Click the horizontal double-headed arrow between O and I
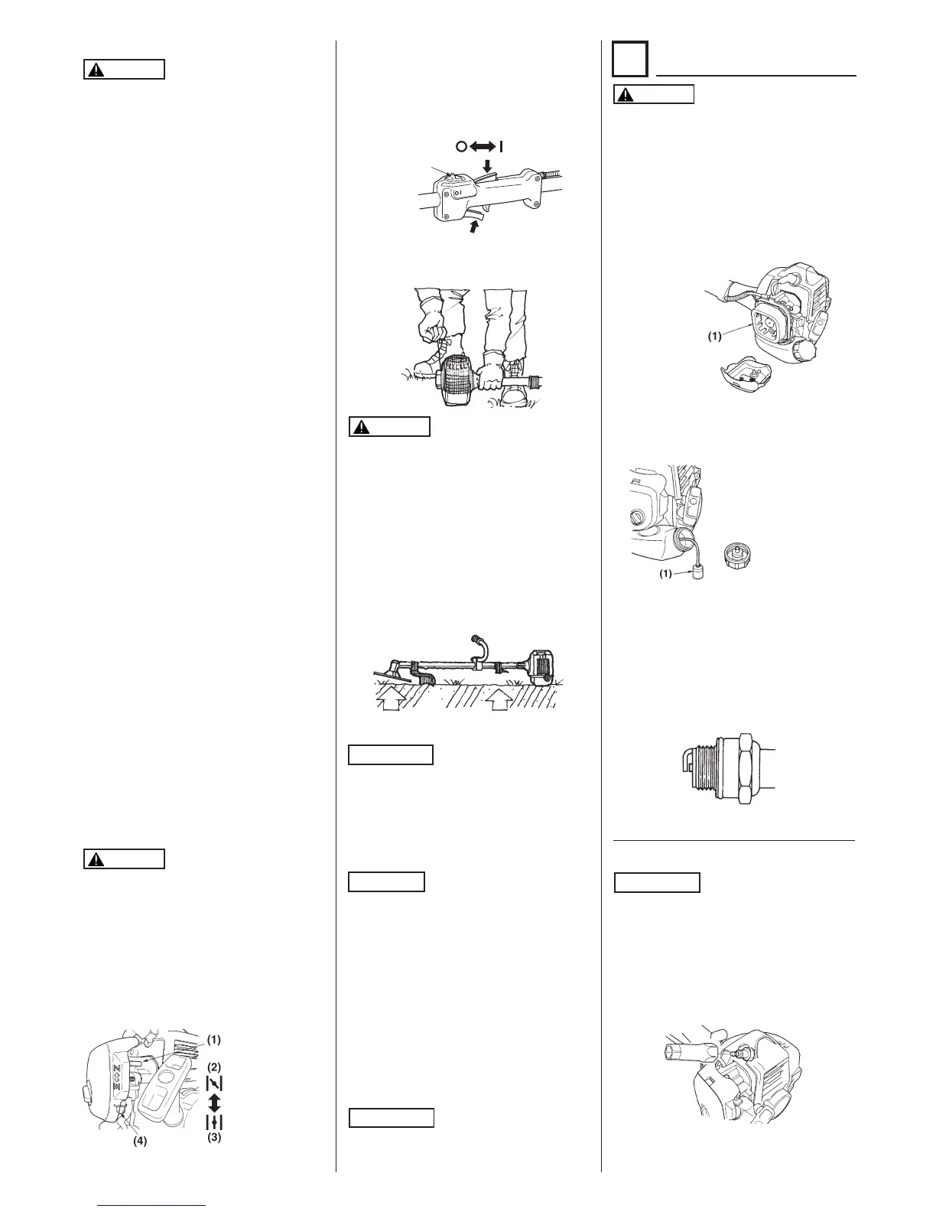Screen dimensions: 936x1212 coord(479,146)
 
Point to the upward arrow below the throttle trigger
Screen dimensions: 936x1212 coord(476,225)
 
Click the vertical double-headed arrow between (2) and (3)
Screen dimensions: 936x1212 coord(214,1103)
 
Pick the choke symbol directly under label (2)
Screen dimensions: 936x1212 coord(214,1083)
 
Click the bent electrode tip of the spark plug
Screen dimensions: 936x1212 coord(685,764)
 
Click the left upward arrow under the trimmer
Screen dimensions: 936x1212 coord(396,700)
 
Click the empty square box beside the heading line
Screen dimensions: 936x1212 coord(631,59)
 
